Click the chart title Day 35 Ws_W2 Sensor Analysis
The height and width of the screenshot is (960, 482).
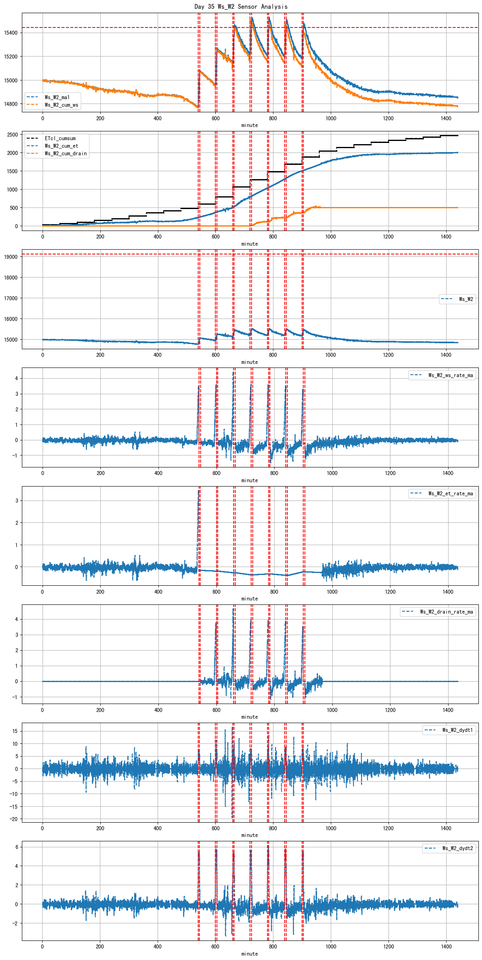tap(241, 6)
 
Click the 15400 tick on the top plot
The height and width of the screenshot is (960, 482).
tap(11, 33)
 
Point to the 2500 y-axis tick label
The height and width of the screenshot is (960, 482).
tap(12, 135)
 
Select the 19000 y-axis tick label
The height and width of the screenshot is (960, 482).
tap(11, 257)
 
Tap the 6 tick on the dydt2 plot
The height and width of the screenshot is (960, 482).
tap(17, 847)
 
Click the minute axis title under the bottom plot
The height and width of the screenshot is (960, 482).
tap(250, 954)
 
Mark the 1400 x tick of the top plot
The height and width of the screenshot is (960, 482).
tap(446, 118)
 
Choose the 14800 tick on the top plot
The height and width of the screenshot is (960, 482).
tap(11, 104)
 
